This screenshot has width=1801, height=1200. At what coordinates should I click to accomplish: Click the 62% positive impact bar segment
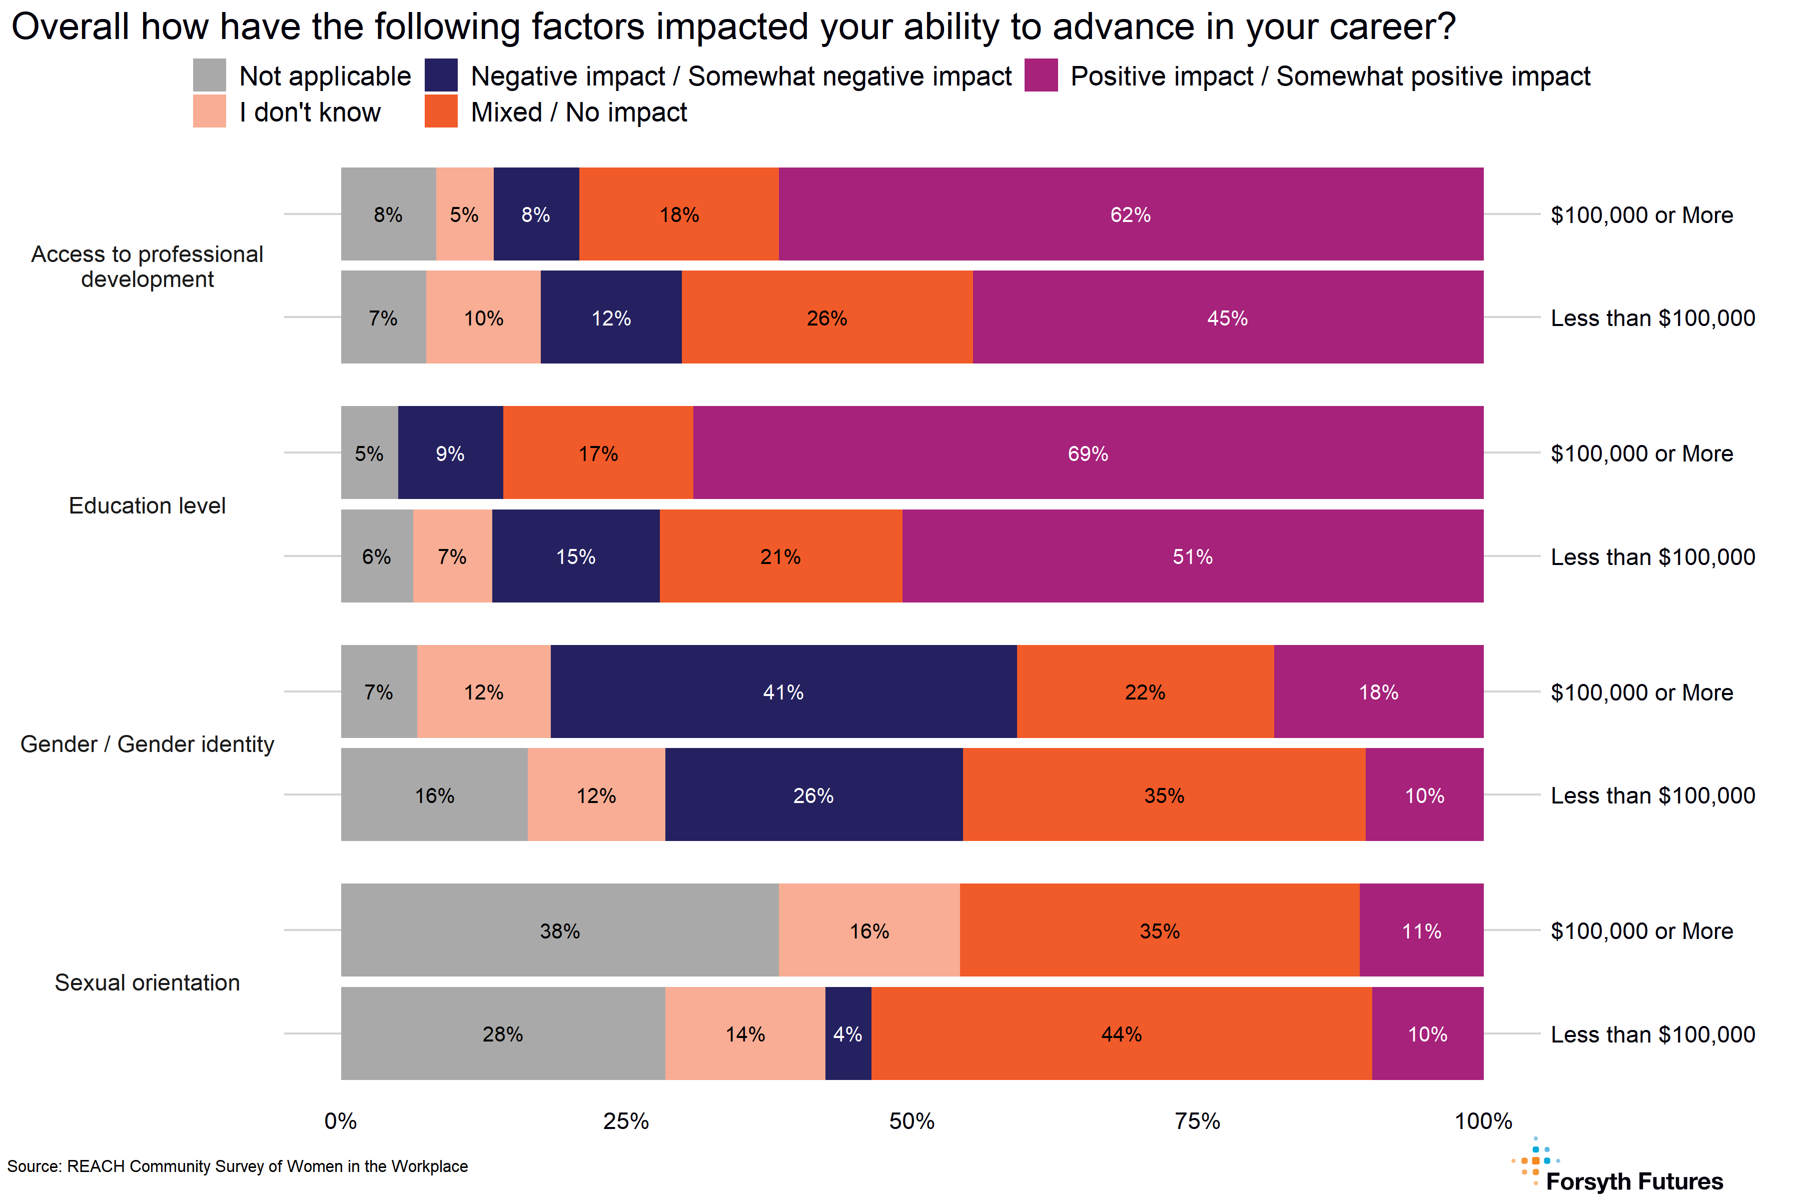[1130, 214]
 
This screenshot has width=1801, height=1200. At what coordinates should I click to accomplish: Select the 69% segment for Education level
[1087, 453]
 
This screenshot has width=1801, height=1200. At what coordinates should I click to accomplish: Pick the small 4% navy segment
[847, 1034]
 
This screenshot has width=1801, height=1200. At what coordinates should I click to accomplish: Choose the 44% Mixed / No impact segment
[1121, 1034]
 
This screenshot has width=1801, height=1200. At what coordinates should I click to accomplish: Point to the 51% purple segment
[1192, 556]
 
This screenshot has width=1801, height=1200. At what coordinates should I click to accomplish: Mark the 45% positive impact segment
[1228, 317]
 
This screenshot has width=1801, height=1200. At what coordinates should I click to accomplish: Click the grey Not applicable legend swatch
[209, 75]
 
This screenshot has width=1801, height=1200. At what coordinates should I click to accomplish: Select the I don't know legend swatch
[209, 111]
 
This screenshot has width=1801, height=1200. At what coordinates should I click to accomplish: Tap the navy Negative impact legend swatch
[441, 75]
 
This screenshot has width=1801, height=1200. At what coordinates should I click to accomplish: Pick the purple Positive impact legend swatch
[1041, 75]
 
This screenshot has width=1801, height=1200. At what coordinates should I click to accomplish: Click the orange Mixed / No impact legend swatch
[441, 111]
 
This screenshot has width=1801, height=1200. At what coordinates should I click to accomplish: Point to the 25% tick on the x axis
[626, 1121]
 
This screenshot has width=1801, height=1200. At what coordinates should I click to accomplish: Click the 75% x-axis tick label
[1197, 1121]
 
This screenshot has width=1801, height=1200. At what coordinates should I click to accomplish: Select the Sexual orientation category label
[147, 982]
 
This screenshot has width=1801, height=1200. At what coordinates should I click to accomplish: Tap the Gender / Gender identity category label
[147, 744]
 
